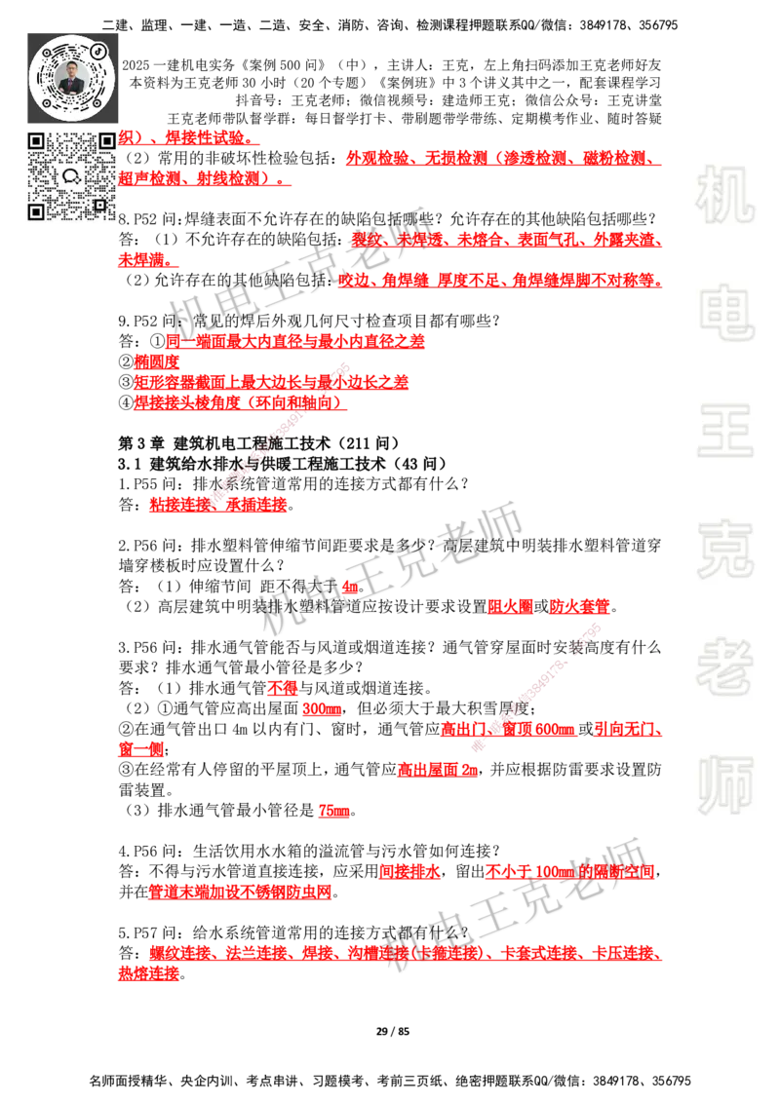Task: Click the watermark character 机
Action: point(724,195)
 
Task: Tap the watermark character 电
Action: point(728,312)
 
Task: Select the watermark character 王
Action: point(724,433)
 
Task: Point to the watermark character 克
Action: point(724,550)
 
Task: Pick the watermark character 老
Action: point(724,666)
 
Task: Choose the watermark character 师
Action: point(724,787)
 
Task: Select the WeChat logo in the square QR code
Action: point(71,176)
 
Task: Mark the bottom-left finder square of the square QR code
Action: point(36,210)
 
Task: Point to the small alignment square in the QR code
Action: point(99,204)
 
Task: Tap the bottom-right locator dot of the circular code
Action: point(98,100)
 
